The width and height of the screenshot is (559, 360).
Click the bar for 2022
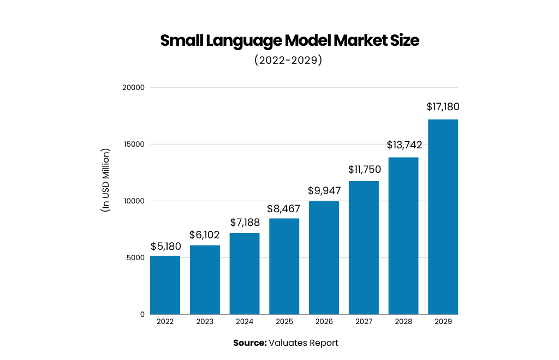point(165,285)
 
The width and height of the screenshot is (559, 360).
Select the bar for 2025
point(284,266)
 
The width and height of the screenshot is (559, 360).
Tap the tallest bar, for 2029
point(443,217)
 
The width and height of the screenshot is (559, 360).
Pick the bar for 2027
point(364,248)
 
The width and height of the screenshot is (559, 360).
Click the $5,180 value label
point(165,247)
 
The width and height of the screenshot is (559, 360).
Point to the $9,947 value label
point(324,191)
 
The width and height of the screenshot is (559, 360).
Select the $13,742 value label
point(405,145)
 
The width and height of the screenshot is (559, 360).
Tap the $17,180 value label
point(443,107)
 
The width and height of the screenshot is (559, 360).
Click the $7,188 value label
point(245,223)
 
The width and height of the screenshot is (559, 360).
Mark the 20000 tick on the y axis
point(134,87)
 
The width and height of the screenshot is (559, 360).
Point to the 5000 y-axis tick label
point(136,257)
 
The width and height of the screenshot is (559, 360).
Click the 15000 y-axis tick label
point(134,145)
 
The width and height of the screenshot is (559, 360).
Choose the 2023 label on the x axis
point(205,322)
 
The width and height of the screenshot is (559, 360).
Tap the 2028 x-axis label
point(403,322)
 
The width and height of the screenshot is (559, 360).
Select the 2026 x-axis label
point(324,322)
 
